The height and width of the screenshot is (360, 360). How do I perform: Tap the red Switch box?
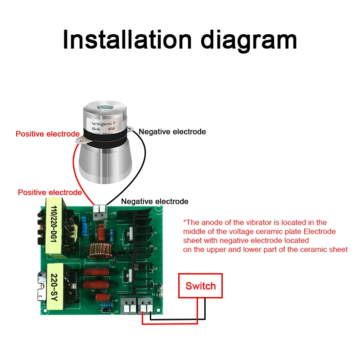pos(200,286)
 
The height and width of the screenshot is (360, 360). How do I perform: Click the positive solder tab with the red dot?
pos(81,140)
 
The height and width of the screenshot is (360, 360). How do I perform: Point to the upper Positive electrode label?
pos(47,134)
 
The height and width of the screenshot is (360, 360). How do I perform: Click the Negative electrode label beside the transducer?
pos(172,132)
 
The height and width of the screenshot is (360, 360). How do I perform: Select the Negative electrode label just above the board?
pos(155,201)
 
